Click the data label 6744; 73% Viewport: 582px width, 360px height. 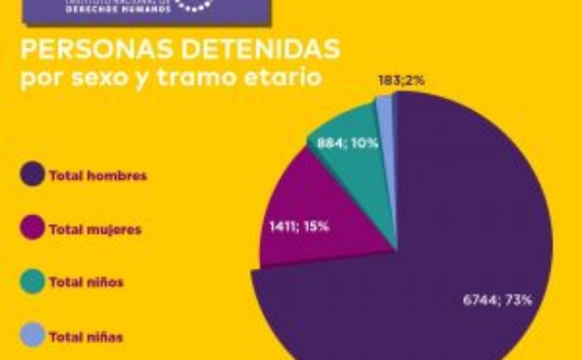(x=497, y=300)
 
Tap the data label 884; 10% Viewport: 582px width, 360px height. (x=348, y=143)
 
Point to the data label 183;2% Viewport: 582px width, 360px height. (x=401, y=80)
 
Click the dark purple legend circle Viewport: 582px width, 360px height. (x=33, y=175)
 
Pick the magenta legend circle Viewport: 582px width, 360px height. (x=33, y=229)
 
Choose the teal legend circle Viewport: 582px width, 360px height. (x=33, y=282)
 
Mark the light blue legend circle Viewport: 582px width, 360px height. (x=33, y=336)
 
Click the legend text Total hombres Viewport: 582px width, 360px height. (x=98, y=176)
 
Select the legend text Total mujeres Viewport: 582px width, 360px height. (x=95, y=229)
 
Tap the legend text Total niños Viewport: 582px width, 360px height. (x=86, y=282)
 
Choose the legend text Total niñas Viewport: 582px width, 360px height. (x=86, y=337)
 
